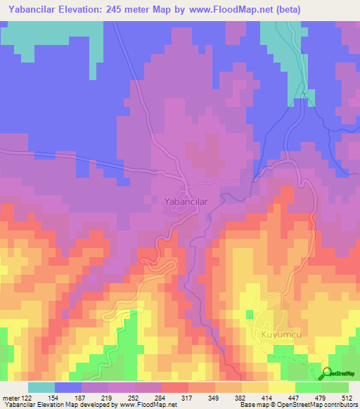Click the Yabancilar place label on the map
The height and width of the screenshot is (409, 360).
(x=186, y=202)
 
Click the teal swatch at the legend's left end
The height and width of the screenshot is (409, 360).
(x=41, y=387)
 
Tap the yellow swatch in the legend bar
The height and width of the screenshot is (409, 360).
(x=281, y=387)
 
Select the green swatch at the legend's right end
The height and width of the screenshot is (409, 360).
(x=335, y=387)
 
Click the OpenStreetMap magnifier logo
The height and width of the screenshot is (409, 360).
(x=326, y=372)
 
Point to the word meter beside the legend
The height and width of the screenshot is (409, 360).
(x=12, y=397)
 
